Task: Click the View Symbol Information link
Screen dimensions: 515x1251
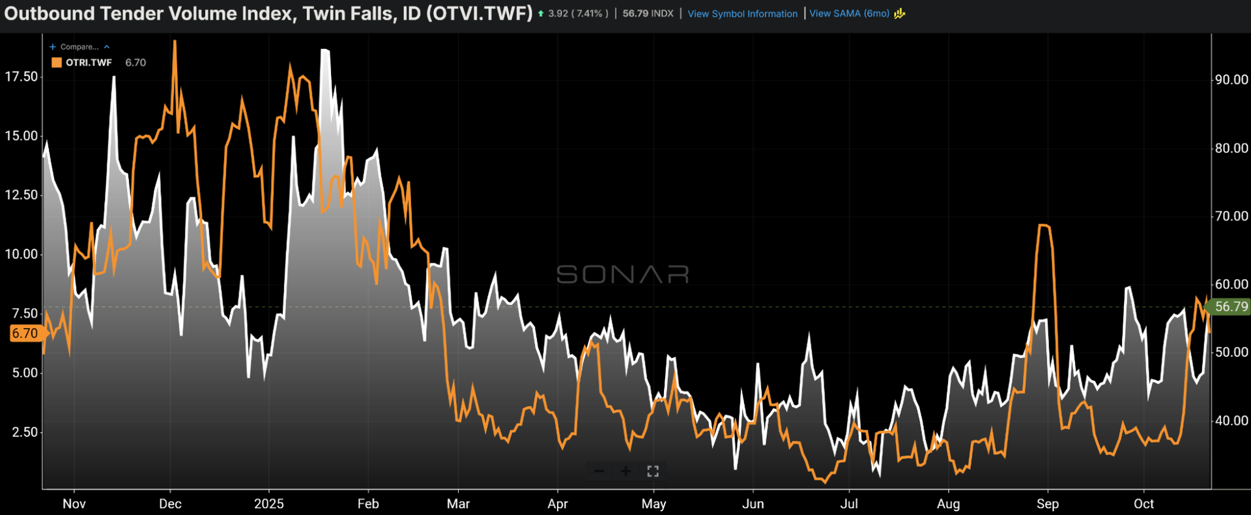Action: coord(742,14)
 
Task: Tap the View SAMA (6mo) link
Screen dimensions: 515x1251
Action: coord(849,14)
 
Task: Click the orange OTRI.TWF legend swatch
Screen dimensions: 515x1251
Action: coord(57,63)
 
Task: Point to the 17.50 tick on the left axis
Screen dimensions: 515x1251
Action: coord(21,77)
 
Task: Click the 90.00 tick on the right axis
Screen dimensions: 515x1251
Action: coord(1231,79)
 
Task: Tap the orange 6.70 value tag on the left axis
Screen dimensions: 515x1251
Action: coord(25,333)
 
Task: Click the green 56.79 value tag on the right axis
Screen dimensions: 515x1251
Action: coord(1231,307)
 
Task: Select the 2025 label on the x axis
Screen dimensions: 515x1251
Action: coord(268,503)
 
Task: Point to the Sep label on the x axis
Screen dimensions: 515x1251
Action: coord(1047,503)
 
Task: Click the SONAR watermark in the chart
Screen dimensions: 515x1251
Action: coord(622,274)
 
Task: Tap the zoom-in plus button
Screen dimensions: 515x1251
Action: coord(625,471)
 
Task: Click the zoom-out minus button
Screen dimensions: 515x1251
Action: coord(599,471)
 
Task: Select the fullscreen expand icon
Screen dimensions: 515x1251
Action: coord(653,471)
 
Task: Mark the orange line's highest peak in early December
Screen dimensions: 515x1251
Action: coord(175,41)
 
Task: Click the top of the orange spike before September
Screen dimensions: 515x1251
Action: coord(1043,225)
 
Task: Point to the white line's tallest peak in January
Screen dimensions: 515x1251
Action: coord(324,50)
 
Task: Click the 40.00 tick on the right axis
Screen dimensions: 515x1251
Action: coord(1231,421)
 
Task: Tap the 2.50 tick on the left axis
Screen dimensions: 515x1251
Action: coord(24,432)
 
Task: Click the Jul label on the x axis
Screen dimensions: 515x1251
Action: coord(848,503)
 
